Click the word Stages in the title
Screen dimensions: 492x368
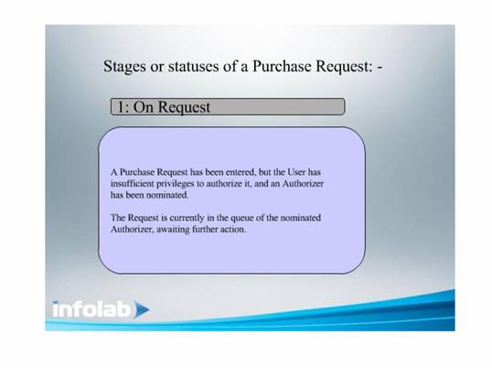pos(124,67)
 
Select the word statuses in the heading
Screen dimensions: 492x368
pos(193,66)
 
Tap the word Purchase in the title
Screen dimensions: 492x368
pos(282,66)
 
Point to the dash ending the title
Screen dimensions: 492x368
pos(380,68)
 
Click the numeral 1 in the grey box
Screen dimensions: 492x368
pos(122,107)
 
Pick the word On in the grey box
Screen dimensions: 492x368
pos(144,107)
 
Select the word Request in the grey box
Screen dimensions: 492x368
pos(184,108)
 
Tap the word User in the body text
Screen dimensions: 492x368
pos(296,172)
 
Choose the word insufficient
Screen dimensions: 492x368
pos(132,183)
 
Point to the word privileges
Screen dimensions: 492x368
pos(175,184)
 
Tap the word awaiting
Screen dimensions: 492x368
pos(173,230)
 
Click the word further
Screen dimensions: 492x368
pos(205,229)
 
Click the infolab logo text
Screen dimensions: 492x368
pos(91,309)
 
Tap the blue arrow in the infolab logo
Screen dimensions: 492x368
pos(141,309)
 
